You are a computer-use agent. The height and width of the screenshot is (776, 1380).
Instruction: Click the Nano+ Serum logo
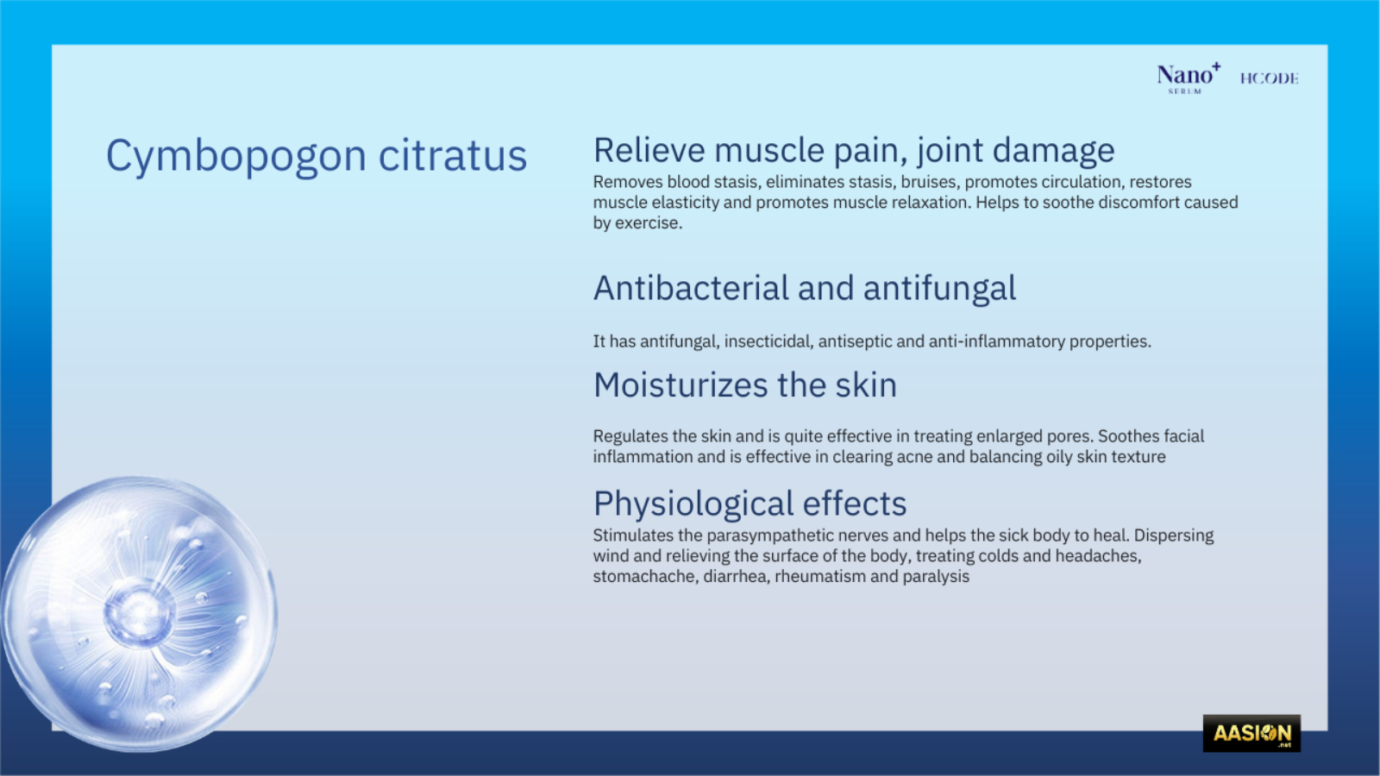pos(1189,78)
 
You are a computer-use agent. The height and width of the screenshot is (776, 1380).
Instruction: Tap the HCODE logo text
pos(1269,78)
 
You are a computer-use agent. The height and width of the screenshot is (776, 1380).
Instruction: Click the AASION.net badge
pos(1251,733)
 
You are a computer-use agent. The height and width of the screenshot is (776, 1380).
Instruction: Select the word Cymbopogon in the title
pos(236,156)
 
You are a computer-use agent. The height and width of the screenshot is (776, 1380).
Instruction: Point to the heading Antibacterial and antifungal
pos(805,288)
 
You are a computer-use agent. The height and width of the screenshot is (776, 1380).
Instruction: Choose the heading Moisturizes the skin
pos(745,385)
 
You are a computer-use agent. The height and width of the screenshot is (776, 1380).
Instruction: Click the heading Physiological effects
pos(750,504)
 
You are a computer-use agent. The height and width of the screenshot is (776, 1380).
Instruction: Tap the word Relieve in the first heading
pos(649,150)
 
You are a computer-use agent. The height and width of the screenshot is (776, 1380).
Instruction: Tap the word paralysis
pos(936,577)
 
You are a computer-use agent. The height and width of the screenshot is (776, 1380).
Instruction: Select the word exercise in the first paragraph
pos(649,223)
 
